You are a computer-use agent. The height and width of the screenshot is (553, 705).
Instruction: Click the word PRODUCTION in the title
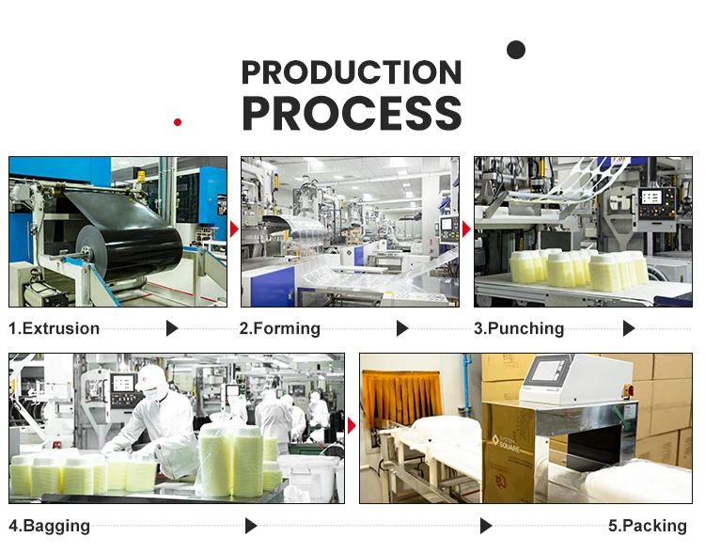click(352, 72)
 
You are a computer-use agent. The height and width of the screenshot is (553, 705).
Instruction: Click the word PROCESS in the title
click(352, 113)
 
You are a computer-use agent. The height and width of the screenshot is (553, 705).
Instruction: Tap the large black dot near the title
click(516, 50)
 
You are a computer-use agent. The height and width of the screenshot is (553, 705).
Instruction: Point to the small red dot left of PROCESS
click(178, 121)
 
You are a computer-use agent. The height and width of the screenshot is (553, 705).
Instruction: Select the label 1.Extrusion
click(54, 328)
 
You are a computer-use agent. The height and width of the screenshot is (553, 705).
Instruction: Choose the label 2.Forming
click(279, 328)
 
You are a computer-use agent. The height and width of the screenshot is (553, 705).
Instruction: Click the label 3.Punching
click(518, 328)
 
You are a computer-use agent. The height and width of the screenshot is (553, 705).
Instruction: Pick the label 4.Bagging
click(49, 526)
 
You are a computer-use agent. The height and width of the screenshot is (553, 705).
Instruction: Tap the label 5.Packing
click(648, 526)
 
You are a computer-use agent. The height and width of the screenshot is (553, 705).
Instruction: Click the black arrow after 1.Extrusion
click(172, 328)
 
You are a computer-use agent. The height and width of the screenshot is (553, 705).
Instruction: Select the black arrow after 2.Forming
click(402, 328)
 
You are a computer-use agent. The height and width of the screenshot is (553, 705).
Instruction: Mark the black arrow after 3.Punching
click(629, 328)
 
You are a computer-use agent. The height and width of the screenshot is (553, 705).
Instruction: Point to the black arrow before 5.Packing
click(486, 526)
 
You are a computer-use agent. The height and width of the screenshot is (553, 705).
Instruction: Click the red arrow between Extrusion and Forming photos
click(234, 229)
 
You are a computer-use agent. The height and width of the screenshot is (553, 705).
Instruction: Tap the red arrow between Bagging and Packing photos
click(352, 426)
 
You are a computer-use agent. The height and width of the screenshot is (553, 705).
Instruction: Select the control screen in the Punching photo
click(650, 199)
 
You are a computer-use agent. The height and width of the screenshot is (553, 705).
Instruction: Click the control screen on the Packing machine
click(548, 370)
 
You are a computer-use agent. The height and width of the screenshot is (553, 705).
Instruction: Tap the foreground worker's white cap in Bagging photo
click(150, 379)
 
